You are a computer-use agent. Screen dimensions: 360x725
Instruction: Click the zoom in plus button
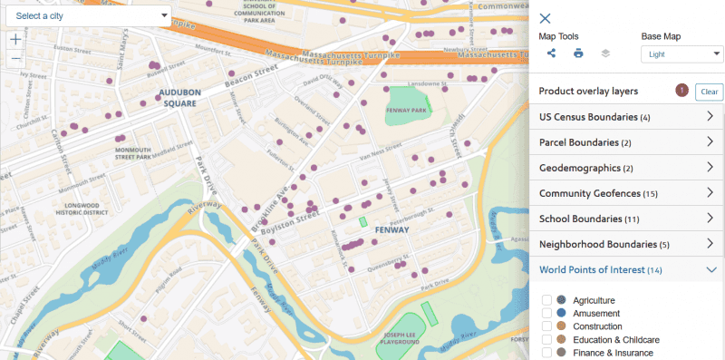[x=15, y=40]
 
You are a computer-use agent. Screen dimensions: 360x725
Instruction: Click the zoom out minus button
[x=15, y=59]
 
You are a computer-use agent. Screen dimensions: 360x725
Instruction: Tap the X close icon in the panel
[x=545, y=18]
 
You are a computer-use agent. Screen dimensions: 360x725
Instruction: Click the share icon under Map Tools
[x=551, y=54]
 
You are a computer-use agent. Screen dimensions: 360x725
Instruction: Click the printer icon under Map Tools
[x=578, y=54]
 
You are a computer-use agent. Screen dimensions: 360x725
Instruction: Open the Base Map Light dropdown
[x=681, y=54]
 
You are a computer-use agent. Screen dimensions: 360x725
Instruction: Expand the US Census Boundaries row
[x=625, y=117]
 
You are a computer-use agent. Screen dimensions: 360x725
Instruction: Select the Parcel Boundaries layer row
[x=625, y=142]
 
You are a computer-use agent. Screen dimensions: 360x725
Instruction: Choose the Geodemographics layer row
[x=625, y=168]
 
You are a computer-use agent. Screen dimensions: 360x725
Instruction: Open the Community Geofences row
[x=625, y=193]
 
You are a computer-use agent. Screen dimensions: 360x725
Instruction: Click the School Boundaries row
[x=625, y=219]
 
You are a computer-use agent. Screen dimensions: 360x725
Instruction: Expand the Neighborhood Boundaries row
[x=625, y=244]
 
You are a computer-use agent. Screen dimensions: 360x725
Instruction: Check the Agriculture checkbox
[x=546, y=300]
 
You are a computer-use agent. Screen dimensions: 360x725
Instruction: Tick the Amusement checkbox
[x=546, y=313]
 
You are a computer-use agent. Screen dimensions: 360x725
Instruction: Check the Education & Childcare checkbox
[x=546, y=339]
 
